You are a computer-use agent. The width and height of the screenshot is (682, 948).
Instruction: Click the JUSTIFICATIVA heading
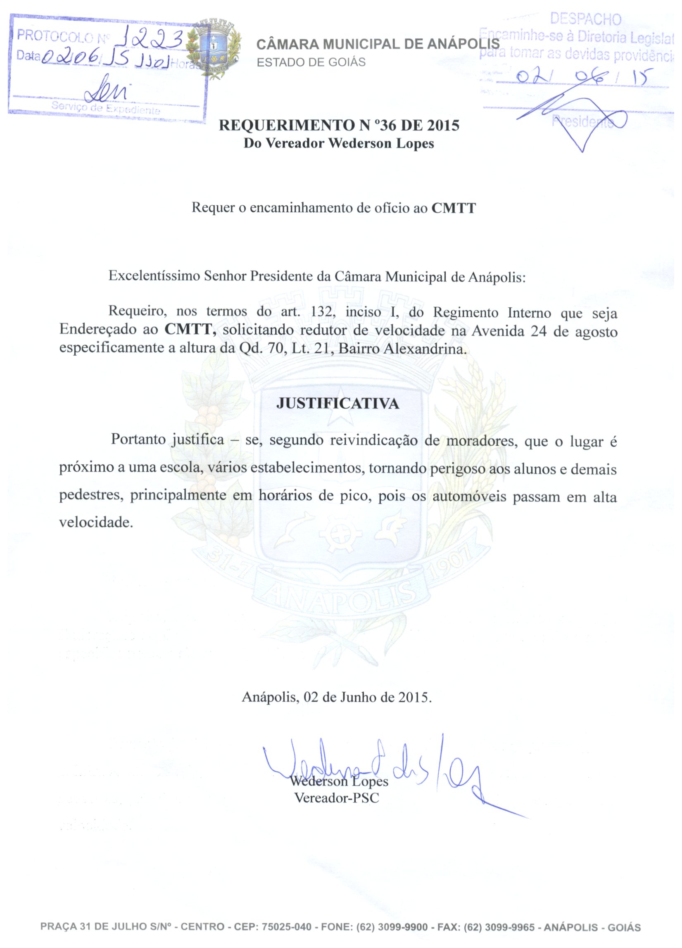(x=337, y=403)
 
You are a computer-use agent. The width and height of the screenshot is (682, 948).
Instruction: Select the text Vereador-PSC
(x=337, y=798)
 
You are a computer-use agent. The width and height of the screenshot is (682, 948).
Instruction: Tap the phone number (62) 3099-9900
(x=392, y=927)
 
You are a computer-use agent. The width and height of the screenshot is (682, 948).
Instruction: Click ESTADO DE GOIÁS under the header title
(x=311, y=62)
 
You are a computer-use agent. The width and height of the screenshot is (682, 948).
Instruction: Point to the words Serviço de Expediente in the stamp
(x=106, y=108)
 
